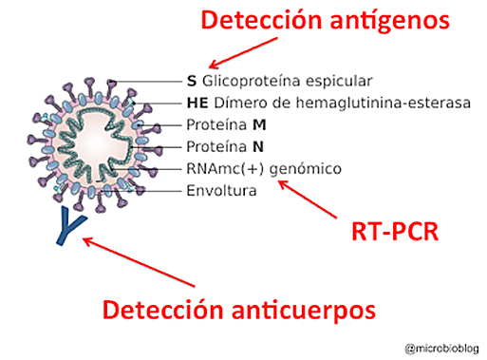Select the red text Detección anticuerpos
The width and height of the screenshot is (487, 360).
(237, 310)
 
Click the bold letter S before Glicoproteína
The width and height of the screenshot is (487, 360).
(190, 81)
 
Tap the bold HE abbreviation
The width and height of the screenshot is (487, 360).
(195, 103)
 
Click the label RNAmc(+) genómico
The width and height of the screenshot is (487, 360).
(251, 169)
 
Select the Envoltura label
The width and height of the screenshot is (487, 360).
(221, 191)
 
